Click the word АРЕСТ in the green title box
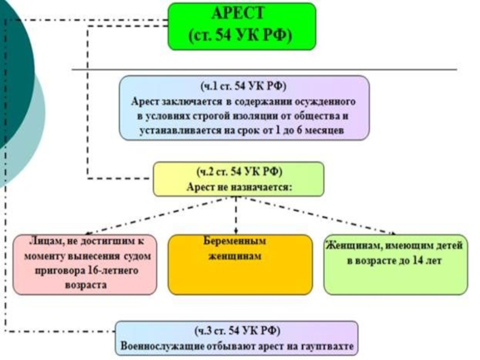pos(238,13)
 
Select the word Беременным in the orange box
pos(235,241)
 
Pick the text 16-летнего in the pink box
pos(113,271)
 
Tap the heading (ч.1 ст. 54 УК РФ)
pos(244,86)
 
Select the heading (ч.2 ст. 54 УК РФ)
pos(239,172)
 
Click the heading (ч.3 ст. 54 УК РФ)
pos(237,331)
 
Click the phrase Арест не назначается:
pos(239,187)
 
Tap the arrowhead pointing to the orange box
pos(236,231)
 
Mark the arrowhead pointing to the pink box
pos(87,233)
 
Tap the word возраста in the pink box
pos(86,286)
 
